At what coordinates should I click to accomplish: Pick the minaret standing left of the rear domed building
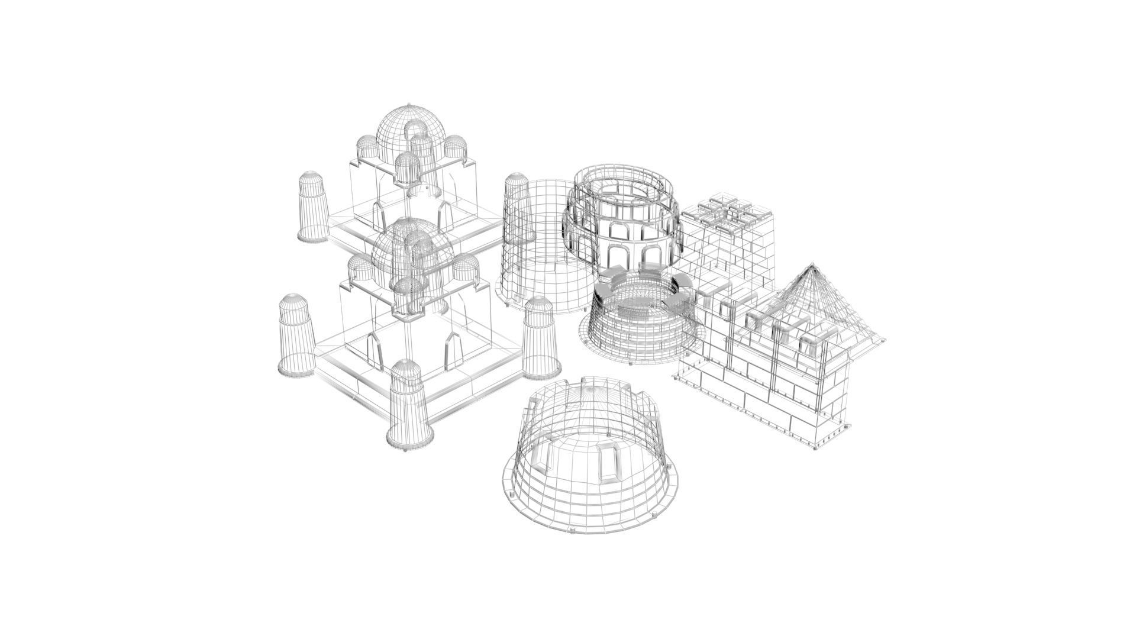(312, 207)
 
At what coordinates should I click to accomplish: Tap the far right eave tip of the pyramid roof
(883, 340)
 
